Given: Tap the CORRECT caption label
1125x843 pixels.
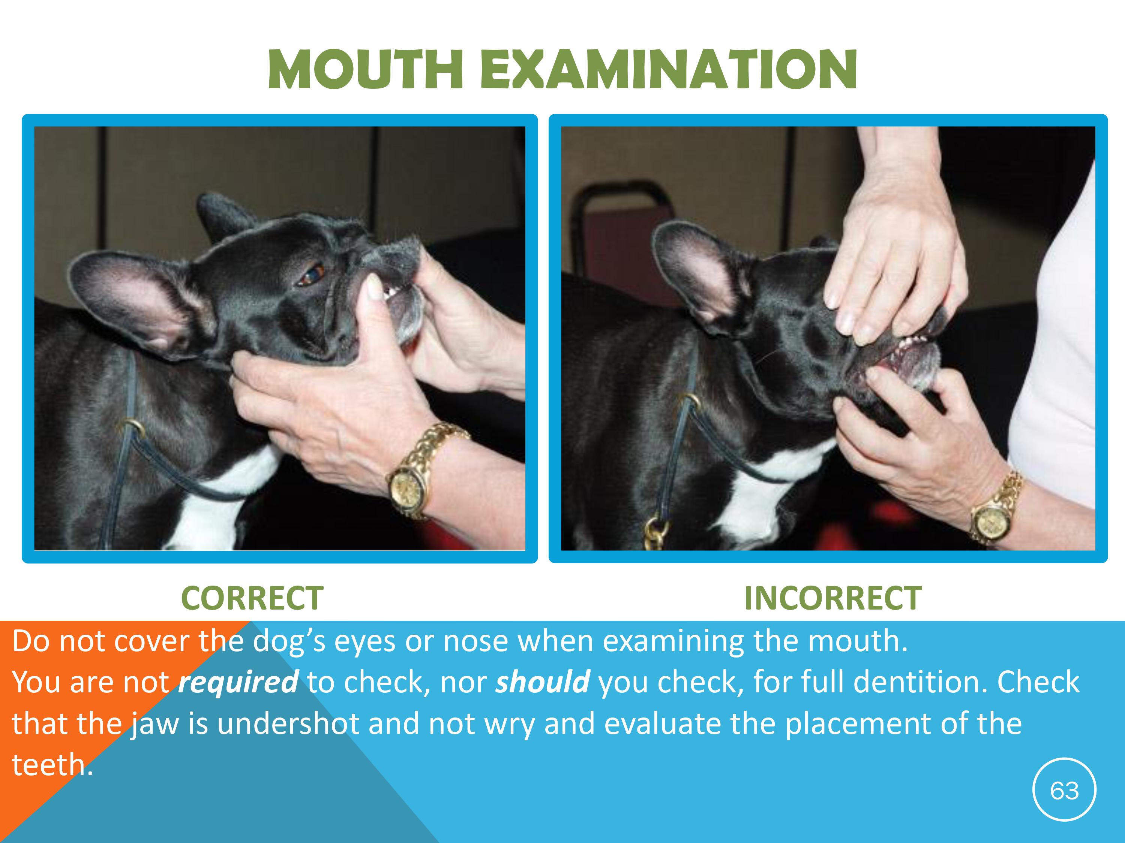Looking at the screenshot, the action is pos(252,598).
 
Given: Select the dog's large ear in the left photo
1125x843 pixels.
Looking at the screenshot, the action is pos(137,300).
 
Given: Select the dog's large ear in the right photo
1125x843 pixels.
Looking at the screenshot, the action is pos(699,274).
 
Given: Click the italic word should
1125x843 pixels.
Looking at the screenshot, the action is pos(543,682).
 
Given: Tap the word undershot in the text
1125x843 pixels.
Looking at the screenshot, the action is pos(288,723).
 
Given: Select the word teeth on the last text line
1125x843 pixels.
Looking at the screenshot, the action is pos(48,765).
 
